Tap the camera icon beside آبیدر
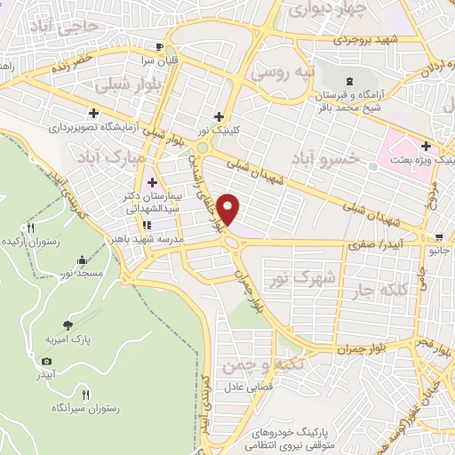tap(46, 361)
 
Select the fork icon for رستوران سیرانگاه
tap(85, 394)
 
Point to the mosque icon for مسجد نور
tap(83, 259)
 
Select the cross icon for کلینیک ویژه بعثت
tap(426, 146)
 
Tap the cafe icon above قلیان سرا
tap(158, 47)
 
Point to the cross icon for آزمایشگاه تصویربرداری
tap(93, 113)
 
